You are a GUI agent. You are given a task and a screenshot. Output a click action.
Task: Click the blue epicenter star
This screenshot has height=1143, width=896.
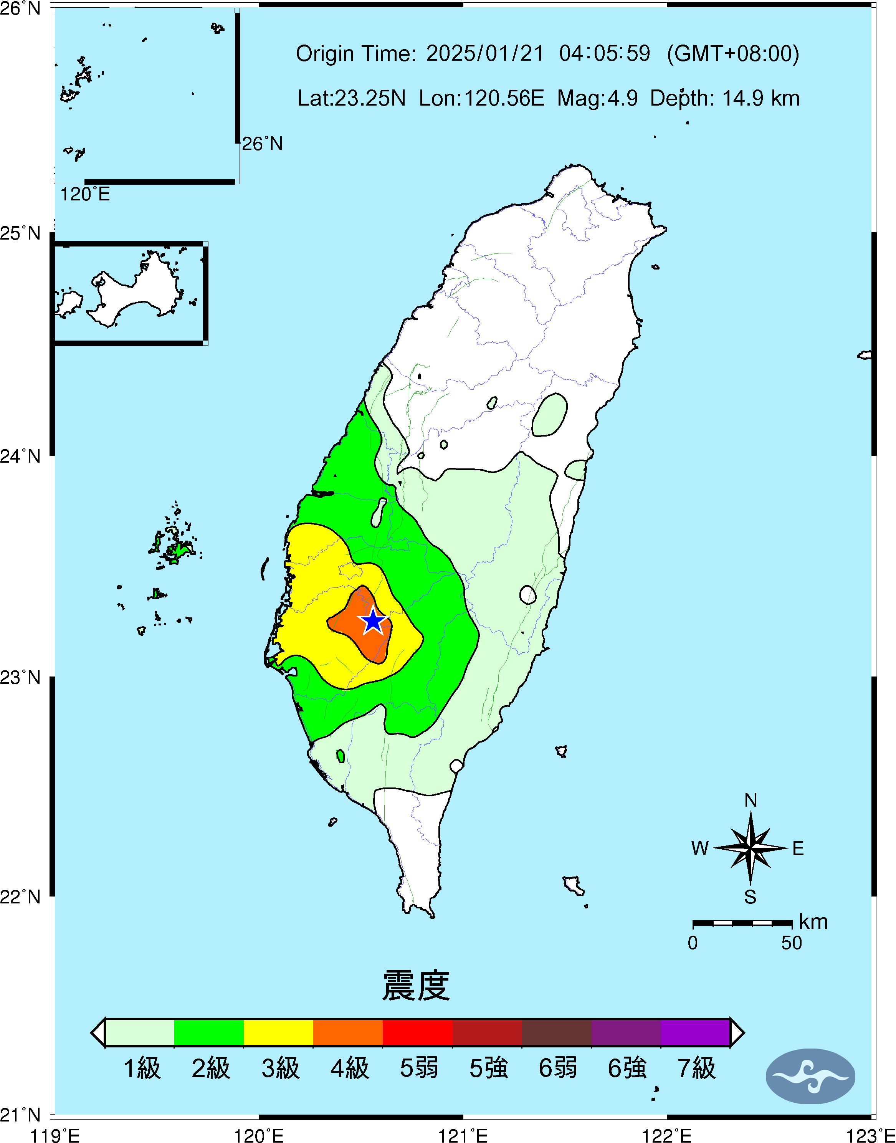point(373,621)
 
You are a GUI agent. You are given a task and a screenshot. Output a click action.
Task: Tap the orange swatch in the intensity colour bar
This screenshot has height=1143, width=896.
point(348,1032)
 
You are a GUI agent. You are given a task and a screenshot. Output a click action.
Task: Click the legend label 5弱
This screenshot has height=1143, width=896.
point(418,1068)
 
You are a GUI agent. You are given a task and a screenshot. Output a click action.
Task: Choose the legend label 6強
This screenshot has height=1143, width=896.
point(627,1068)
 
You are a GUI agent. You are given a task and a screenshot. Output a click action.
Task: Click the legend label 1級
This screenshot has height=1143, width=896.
point(142,1068)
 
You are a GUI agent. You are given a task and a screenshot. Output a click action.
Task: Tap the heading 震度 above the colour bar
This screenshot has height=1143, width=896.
point(416,986)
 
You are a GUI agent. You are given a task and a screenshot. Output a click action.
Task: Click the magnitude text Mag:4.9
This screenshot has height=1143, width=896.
point(597,98)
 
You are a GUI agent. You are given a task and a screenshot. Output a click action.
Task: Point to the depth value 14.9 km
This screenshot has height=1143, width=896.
point(760,98)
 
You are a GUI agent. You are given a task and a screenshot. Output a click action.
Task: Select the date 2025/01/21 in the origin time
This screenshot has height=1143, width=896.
point(485,53)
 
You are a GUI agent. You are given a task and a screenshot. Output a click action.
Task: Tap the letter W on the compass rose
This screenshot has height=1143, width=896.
point(700,848)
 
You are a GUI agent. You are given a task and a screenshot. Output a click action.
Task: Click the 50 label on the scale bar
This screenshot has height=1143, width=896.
point(791,943)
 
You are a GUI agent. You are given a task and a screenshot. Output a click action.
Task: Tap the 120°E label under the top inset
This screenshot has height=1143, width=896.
point(85,195)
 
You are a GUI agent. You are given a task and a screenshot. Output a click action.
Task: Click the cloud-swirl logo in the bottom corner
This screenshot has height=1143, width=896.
point(810,1076)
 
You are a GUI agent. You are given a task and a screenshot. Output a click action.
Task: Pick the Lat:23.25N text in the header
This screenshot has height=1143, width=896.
point(352,98)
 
